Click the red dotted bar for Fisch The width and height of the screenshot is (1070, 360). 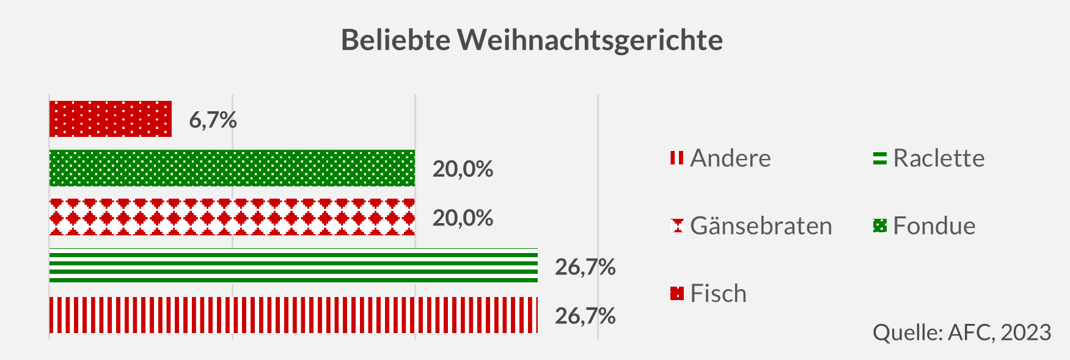point(110,119)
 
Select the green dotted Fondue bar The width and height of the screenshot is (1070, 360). point(232,168)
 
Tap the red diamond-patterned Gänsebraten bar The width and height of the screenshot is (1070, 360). point(232,217)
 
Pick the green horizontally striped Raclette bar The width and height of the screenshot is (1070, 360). point(293,266)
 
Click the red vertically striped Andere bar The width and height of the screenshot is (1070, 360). point(293,315)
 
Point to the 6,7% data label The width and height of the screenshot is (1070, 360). point(213,120)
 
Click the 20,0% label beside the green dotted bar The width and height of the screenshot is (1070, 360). point(463,169)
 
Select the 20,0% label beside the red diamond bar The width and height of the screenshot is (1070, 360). point(463,218)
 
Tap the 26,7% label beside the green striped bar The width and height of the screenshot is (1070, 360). point(585,267)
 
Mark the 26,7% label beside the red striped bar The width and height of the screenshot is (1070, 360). point(585,316)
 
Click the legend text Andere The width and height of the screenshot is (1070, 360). point(730,158)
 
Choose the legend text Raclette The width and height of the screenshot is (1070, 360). point(939,158)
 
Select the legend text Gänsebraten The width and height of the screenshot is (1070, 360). point(761,226)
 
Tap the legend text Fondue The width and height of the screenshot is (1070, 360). point(934,226)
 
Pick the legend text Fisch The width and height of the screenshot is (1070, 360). point(718,294)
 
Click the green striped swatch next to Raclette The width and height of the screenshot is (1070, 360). point(879,158)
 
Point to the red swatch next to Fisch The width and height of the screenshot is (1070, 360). point(676,294)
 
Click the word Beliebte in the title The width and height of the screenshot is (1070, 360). point(395,40)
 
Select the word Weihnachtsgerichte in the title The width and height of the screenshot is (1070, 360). point(590,40)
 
